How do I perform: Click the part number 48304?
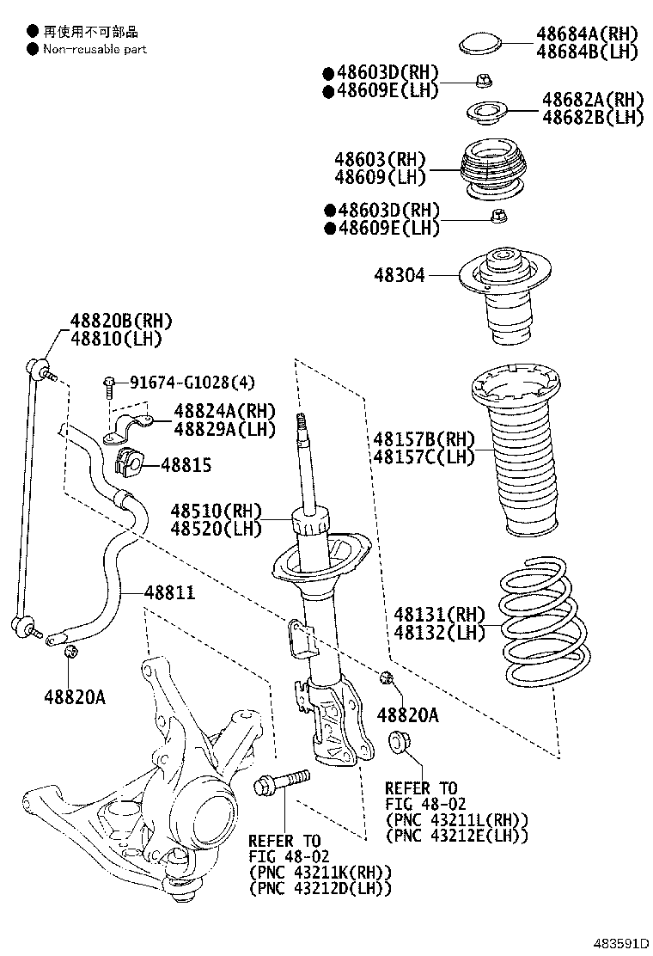point(399,276)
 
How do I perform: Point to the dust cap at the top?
point(483,42)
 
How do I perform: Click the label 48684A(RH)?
point(588,34)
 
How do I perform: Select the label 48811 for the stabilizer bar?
point(169,592)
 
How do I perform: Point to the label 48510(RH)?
point(215,512)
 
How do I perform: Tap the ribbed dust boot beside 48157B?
point(516,464)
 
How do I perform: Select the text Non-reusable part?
point(95,49)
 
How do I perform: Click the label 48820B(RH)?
point(121,322)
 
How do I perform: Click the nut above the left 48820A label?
point(72,655)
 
